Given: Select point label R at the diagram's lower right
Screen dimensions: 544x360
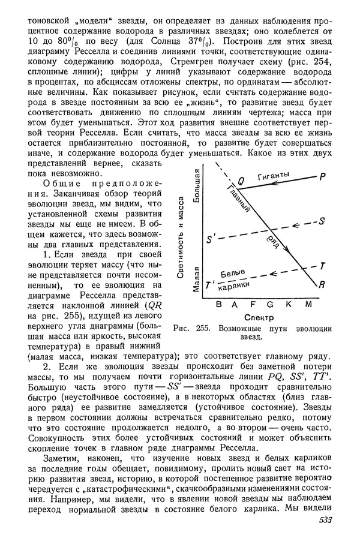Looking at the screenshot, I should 321,285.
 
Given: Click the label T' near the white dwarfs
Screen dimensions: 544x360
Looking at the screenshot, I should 210,286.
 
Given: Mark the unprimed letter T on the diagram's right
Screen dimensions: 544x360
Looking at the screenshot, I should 322,265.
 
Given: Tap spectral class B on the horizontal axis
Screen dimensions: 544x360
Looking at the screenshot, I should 217,304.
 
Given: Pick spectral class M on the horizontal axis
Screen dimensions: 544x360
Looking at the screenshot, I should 308,304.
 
